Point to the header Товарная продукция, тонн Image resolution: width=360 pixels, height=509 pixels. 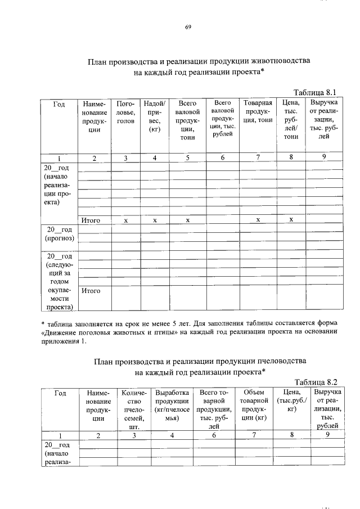(258, 112)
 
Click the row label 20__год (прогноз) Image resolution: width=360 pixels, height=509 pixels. (60, 233)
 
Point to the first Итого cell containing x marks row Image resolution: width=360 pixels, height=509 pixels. (91, 220)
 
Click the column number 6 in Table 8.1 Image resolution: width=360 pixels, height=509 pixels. (222, 157)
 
